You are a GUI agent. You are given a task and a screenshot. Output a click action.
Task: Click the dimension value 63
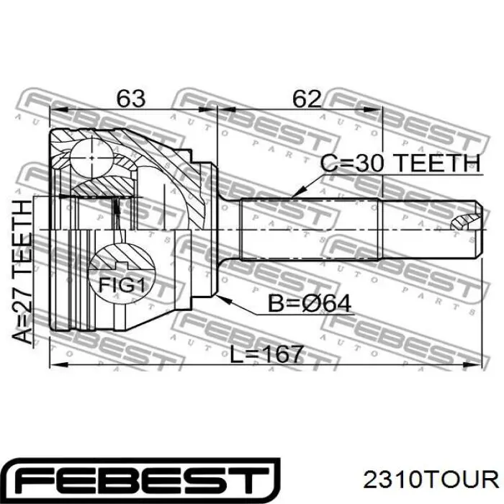(131, 99)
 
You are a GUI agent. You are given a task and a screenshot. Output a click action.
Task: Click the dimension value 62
(307, 99)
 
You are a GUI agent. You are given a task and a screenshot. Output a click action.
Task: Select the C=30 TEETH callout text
(400, 163)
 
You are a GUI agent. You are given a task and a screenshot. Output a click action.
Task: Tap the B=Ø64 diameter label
(310, 303)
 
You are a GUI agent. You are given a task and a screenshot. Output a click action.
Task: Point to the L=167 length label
(267, 354)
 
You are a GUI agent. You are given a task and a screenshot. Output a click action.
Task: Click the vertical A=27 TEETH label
(22, 272)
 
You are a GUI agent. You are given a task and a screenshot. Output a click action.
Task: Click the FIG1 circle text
(122, 284)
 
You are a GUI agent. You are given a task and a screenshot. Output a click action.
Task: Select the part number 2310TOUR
(431, 480)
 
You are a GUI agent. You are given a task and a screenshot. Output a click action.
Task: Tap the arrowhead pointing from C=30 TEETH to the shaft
(296, 193)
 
